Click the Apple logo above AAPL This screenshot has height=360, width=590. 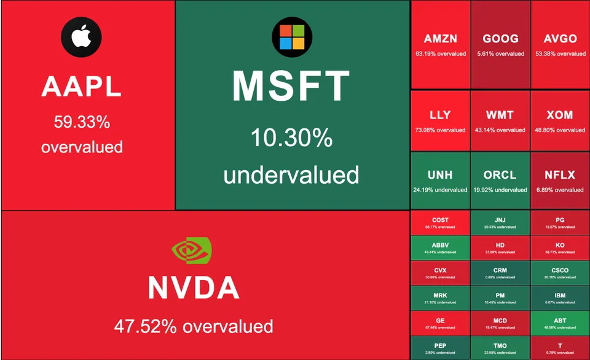[x=81, y=37]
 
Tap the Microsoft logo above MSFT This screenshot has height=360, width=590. [x=291, y=37]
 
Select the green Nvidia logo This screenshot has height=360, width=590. [x=192, y=249]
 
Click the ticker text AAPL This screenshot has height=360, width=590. [x=81, y=87]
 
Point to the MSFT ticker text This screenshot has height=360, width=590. [x=291, y=86]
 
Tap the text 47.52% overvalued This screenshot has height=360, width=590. [x=193, y=326]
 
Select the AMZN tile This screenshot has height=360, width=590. [x=440, y=45]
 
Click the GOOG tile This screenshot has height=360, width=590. [x=500, y=45]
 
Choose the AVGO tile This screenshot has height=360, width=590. [x=560, y=45]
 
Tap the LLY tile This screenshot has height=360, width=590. [x=440, y=120]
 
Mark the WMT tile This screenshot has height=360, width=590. [x=500, y=120]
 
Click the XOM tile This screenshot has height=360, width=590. [x=560, y=120]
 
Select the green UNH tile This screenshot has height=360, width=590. [x=440, y=181]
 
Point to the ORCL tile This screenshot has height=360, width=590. [x=500, y=181]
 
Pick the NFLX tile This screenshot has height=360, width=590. [x=560, y=181]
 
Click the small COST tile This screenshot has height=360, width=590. [x=440, y=222]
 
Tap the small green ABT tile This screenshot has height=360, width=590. [x=560, y=323]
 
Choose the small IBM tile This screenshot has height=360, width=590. [x=560, y=298]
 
